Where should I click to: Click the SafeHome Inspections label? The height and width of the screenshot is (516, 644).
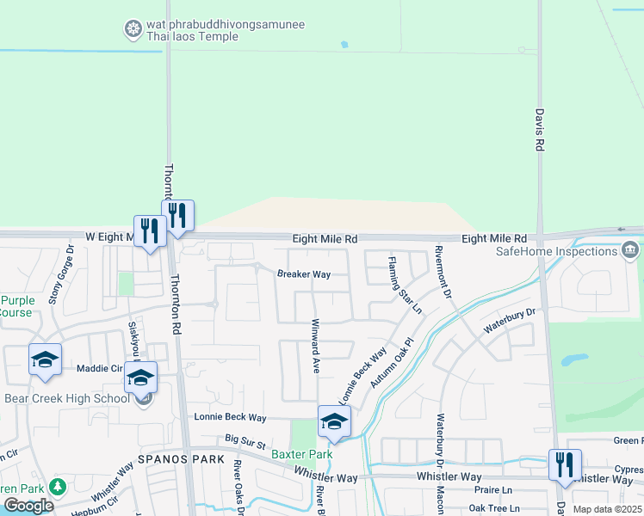(x=556, y=251)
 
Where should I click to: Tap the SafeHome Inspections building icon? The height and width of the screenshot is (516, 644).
(x=629, y=250)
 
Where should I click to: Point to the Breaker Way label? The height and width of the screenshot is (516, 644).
(x=304, y=274)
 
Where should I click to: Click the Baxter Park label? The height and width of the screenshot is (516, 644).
(x=301, y=453)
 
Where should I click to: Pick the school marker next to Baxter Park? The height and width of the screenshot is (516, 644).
(x=334, y=421)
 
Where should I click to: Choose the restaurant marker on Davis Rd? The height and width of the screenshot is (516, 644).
(x=565, y=465)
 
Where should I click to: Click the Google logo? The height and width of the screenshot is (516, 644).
(x=28, y=506)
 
